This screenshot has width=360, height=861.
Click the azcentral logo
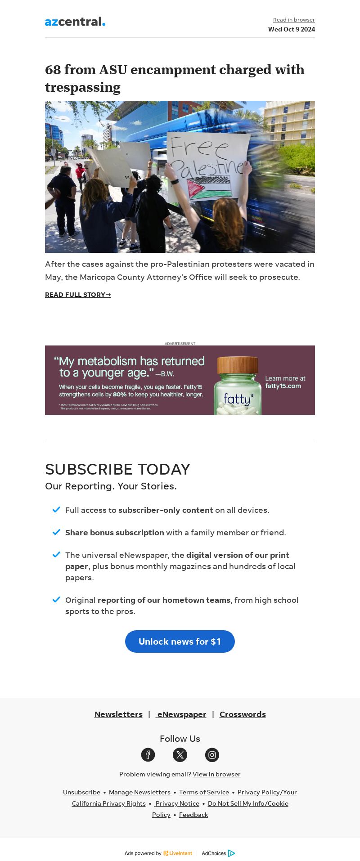point(75,22)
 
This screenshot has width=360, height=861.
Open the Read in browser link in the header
point(294,20)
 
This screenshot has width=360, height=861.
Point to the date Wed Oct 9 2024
point(292,29)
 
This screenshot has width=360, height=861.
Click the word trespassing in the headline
point(83,87)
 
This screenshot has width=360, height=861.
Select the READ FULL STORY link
point(78,295)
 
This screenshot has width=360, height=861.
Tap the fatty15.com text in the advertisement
point(283,386)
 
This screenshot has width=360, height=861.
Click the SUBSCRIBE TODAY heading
point(117,469)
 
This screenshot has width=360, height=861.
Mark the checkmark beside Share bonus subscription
point(56,532)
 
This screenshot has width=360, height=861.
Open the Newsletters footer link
point(118,714)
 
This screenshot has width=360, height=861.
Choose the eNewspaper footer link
point(181,714)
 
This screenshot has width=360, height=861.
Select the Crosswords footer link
point(243,714)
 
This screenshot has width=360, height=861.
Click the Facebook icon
point(148,755)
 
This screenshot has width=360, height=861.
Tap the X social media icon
point(180,755)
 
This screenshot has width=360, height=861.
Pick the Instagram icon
point(212,755)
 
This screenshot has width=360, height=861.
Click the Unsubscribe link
point(81,792)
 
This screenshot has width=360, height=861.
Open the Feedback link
point(193,815)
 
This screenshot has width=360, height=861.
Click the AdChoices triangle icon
point(231,853)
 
